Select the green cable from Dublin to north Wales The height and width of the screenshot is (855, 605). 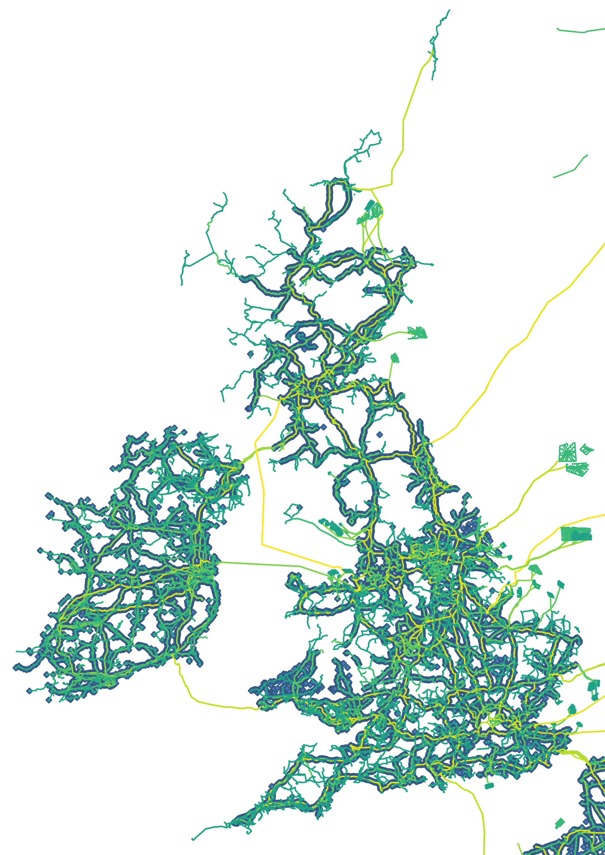pos(268,565)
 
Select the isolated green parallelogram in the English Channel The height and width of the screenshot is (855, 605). pos(560,823)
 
